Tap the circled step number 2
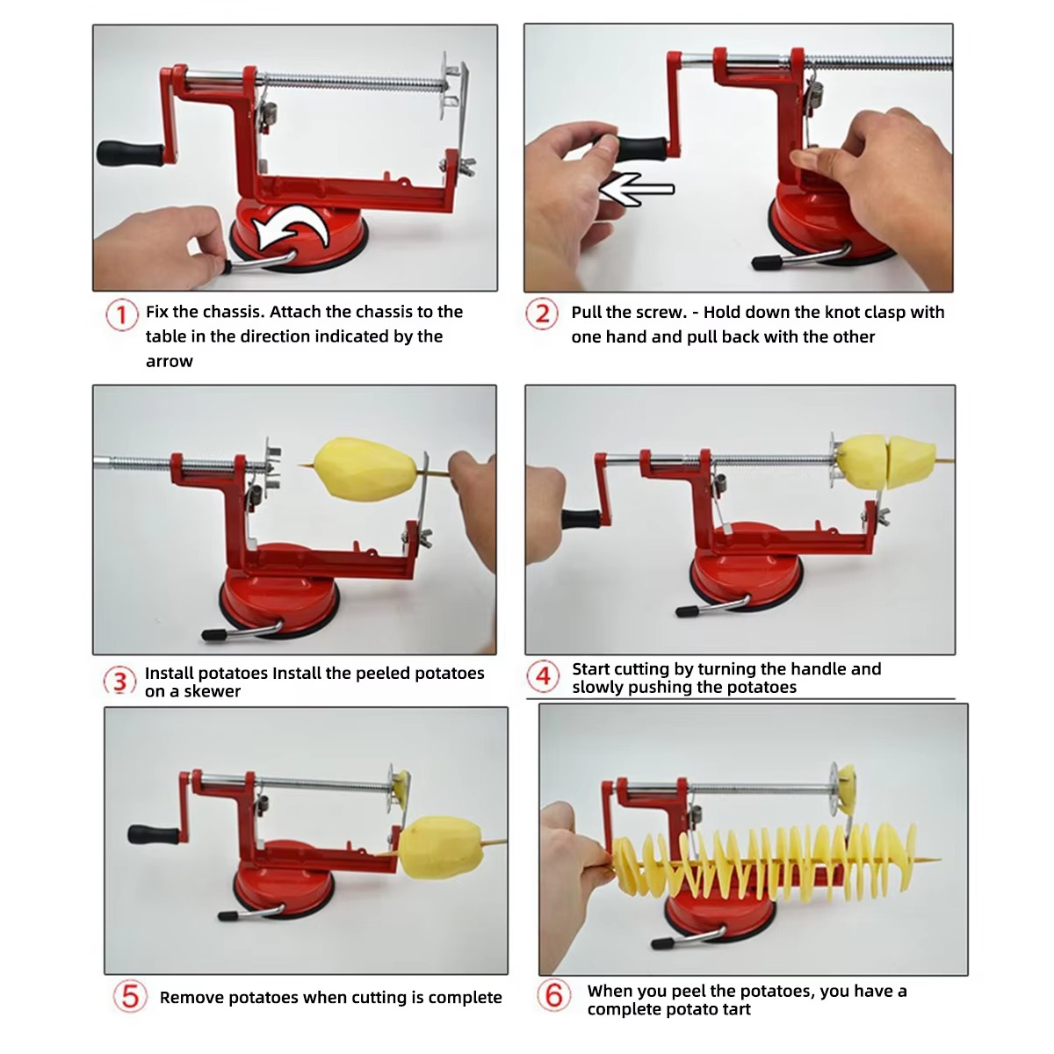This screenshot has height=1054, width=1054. coord(542,314)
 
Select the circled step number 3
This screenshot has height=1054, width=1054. coord(120,682)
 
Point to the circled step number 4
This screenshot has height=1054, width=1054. coord(544,676)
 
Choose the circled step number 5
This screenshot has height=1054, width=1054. coord(130,996)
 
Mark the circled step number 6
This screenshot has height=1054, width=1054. coord(554,996)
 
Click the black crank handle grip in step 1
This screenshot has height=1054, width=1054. coord(129,154)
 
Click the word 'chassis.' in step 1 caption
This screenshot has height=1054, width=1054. coord(233,312)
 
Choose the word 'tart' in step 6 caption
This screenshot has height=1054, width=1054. coord(734,1009)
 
